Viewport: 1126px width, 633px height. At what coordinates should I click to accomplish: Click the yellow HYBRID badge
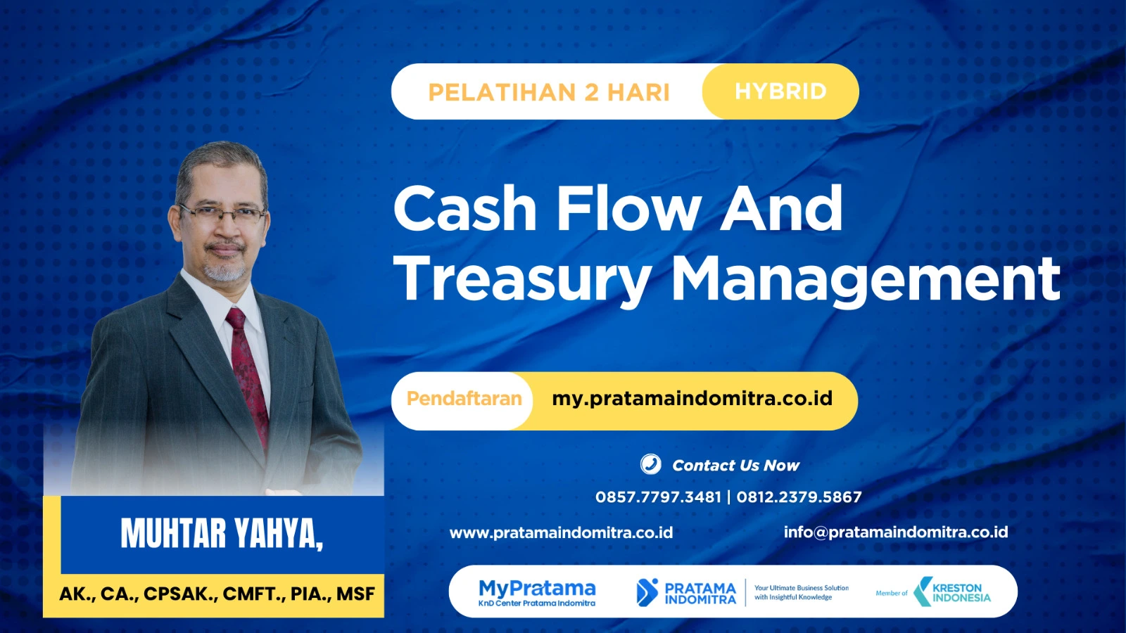pyautogui.click(x=780, y=91)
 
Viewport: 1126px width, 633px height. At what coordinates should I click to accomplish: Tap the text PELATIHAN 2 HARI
pyautogui.click(x=548, y=92)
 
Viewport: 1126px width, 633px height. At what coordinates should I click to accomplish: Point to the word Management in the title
pyautogui.click(x=865, y=279)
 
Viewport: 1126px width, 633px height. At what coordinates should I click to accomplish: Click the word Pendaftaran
pyautogui.click(x=464, y=399)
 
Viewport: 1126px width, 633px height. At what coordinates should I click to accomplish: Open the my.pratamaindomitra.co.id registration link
pyautogui.click(x=692, y=399)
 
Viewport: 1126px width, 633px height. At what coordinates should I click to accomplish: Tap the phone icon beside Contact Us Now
pyautogui.click(x=650, y=464)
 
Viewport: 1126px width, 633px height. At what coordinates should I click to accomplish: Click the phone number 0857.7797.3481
pyautogui.click(x=658, y=497)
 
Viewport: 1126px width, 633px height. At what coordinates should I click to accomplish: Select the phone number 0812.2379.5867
pyautogui.click(x=799, y=497)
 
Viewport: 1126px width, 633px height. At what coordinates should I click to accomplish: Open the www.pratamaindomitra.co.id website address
pyautogui.click(x=561, y=532)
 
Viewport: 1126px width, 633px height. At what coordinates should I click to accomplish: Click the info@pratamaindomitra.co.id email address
pyautogui.click(x=895, y=532)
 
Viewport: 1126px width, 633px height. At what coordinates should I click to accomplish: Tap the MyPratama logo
pyautogui.click(x=536, y=592)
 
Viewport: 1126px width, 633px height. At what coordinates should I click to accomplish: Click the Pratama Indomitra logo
pyautogui.click(x=686, y=592)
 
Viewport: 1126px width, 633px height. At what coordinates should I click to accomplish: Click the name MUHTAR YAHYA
pyautogui.click(x=221, y=534)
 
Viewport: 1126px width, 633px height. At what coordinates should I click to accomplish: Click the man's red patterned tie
pyautogui.click(x=247, y=373)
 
